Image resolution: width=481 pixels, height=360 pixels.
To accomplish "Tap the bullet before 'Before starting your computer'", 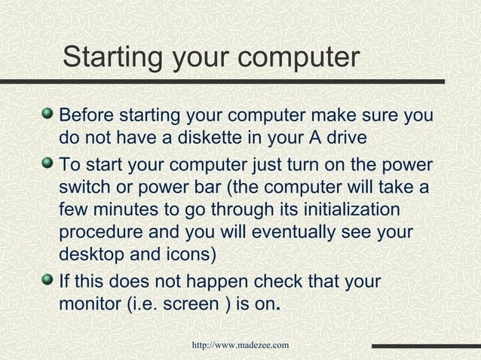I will point(49,114).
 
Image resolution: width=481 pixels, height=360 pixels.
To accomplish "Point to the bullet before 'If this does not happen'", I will point(49,280).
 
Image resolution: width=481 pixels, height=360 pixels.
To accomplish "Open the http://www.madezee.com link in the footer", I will point(240,345).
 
